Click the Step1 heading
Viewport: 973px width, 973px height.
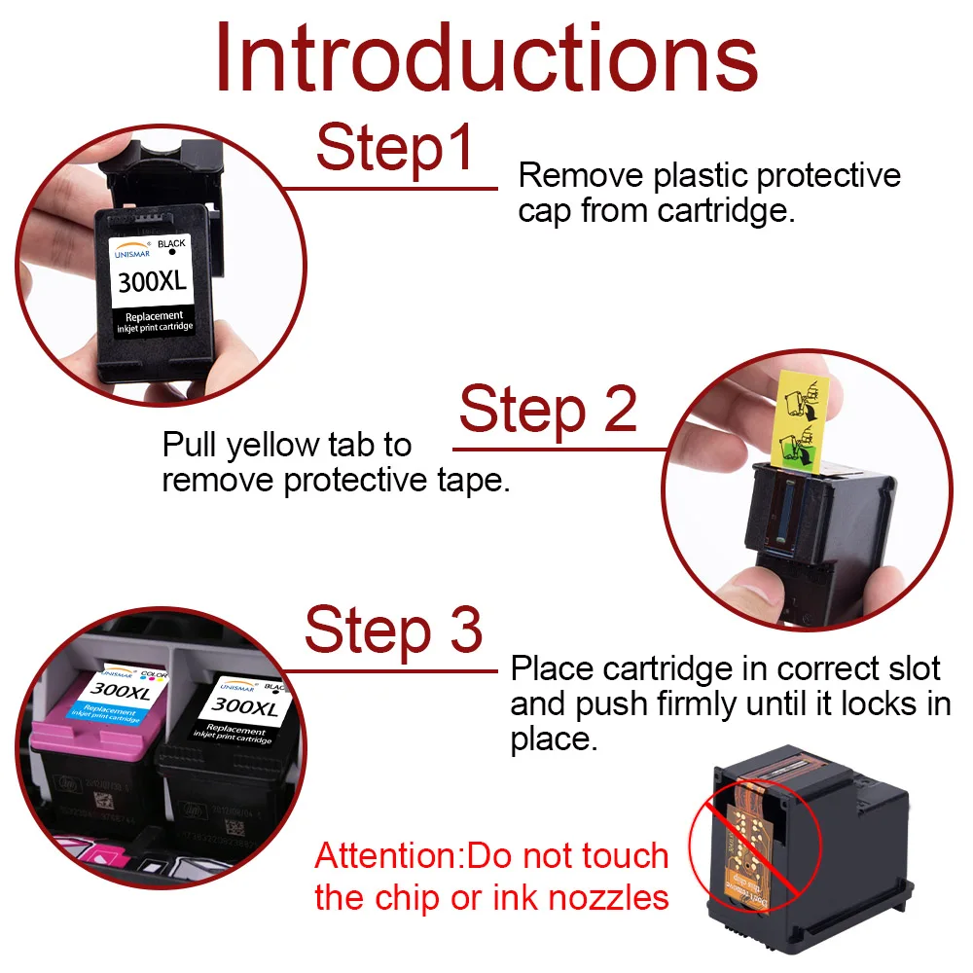395,149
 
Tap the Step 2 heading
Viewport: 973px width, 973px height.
548,410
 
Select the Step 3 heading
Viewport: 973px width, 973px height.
393,630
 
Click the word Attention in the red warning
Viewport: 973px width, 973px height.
386,856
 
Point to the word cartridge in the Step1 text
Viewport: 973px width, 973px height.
722,211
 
